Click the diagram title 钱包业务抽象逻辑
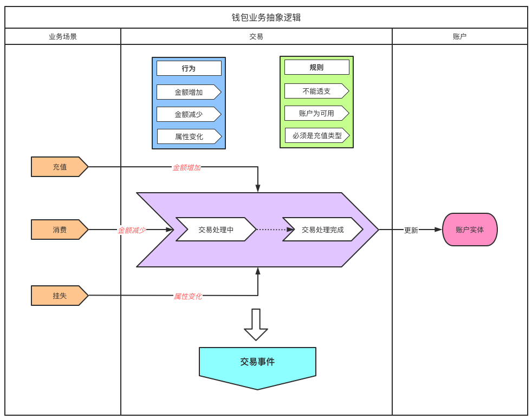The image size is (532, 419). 266,17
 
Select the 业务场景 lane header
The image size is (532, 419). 63,37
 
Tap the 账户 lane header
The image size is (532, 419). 459,37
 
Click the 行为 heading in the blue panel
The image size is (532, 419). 189,68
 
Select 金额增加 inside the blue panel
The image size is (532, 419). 189,92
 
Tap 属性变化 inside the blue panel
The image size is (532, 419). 189,136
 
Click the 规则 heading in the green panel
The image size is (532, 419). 316,67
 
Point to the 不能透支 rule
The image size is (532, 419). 316,91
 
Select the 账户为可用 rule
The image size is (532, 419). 316,113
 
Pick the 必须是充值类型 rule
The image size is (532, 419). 317,135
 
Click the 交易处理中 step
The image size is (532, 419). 216,230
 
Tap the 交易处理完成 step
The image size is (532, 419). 322,230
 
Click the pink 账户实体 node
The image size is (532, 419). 470,230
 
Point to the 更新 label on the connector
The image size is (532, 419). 411,230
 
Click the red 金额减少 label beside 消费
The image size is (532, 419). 132,230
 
